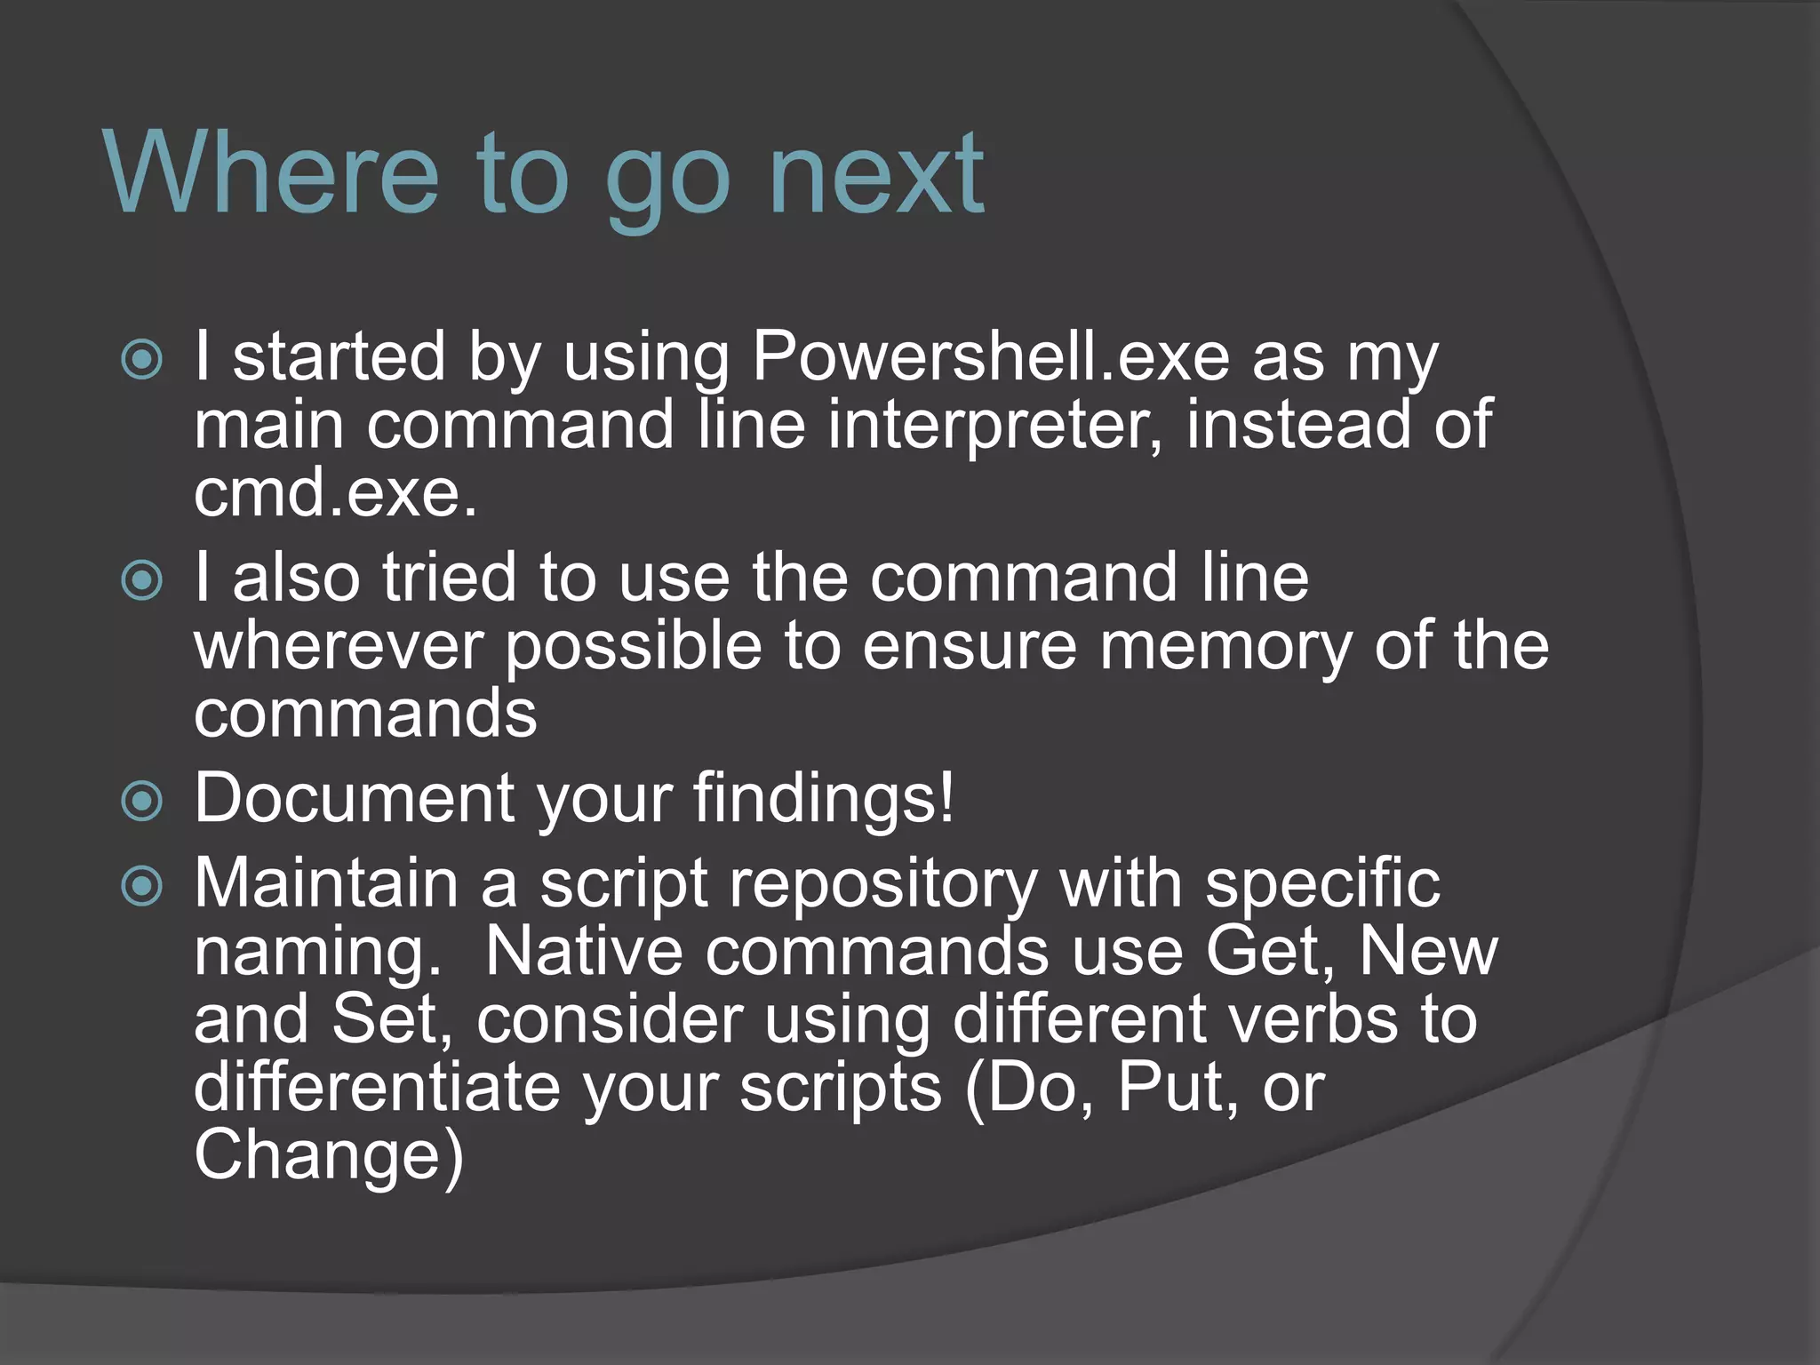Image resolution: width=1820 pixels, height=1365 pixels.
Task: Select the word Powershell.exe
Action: pyautogui.click(x=991, y=357)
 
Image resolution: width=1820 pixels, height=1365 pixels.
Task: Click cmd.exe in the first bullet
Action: pyautogui.click(x=335, y=493)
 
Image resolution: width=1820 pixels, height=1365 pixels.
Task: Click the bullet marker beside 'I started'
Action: pyautogui.click(x=142, y=360)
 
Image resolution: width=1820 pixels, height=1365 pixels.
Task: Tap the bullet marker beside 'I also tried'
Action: pyautogui.click(x=142, y=581)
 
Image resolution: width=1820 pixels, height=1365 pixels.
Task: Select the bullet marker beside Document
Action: pyautogui.click(x=142, y=802)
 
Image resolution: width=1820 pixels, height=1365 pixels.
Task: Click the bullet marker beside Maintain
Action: pyautogui.click(x=142, y=886)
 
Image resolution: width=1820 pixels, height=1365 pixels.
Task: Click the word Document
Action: pyautogui.click(x=354, y=797)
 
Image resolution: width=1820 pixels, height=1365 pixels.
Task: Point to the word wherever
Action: pyautogui.click(x=339, y=646)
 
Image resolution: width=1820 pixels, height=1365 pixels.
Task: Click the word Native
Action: pyautogui.click(x=583, y=952)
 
